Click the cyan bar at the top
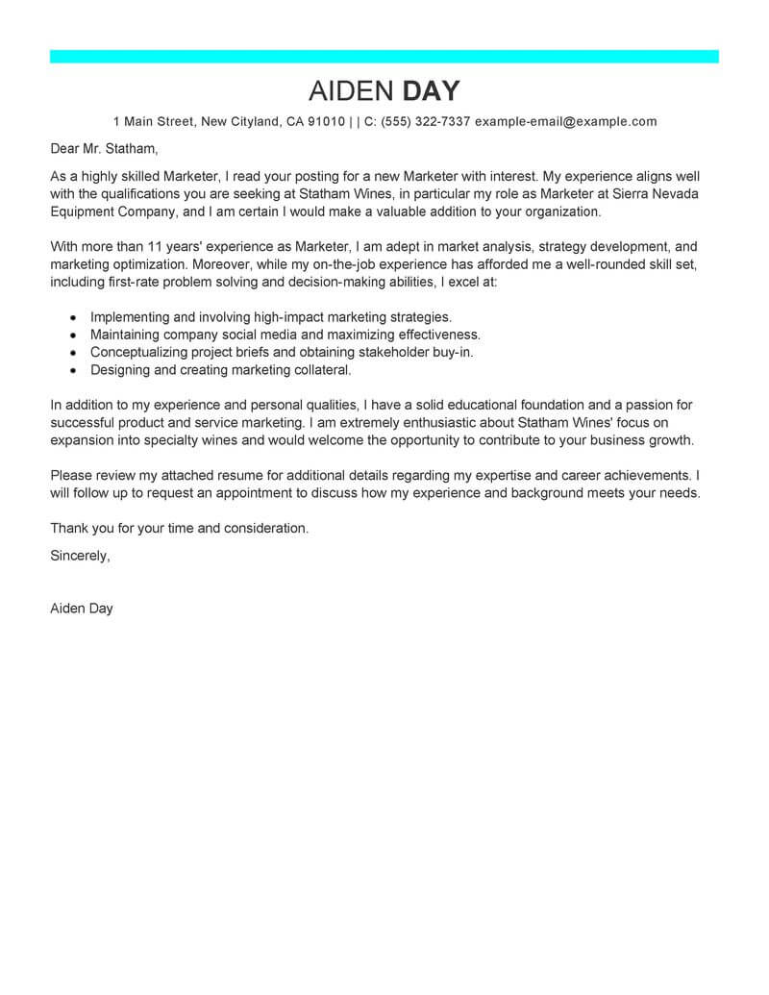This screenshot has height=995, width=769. coord(384,57)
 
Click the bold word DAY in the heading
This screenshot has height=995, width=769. coord(431,91)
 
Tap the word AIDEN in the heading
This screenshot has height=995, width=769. coord(351,91)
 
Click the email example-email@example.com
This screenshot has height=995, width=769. coord(566,122)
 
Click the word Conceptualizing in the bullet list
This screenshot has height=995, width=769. coord(140,352)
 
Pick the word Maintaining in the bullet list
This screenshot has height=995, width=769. coord(128,335)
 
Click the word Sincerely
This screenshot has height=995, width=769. coord(80,556)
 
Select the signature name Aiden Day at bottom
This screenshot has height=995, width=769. coord(82,609)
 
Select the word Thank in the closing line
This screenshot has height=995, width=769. coord(68,528)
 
